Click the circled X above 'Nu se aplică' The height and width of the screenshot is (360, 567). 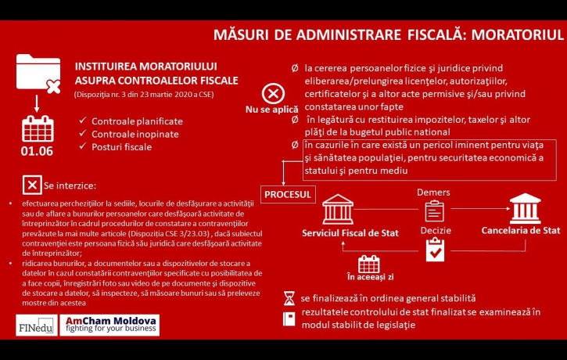[272, 95]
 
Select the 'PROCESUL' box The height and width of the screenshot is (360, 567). [288, 193]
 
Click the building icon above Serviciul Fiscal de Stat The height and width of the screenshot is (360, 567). [339, 210]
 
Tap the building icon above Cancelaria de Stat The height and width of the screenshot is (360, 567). [525, 209]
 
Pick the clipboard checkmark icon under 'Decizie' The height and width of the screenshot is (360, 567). [434, 250]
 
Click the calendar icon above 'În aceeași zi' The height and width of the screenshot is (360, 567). [368, 264]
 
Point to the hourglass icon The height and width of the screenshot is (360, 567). [289, 298]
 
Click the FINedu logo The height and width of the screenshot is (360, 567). [35, 325]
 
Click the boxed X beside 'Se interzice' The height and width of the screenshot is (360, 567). [31, 185]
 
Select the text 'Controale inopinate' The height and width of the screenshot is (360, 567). [135, 134]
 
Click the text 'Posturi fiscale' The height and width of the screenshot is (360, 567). [123, 146]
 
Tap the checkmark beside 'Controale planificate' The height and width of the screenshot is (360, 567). [82, 121]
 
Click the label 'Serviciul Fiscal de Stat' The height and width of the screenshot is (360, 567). [350, 233]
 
